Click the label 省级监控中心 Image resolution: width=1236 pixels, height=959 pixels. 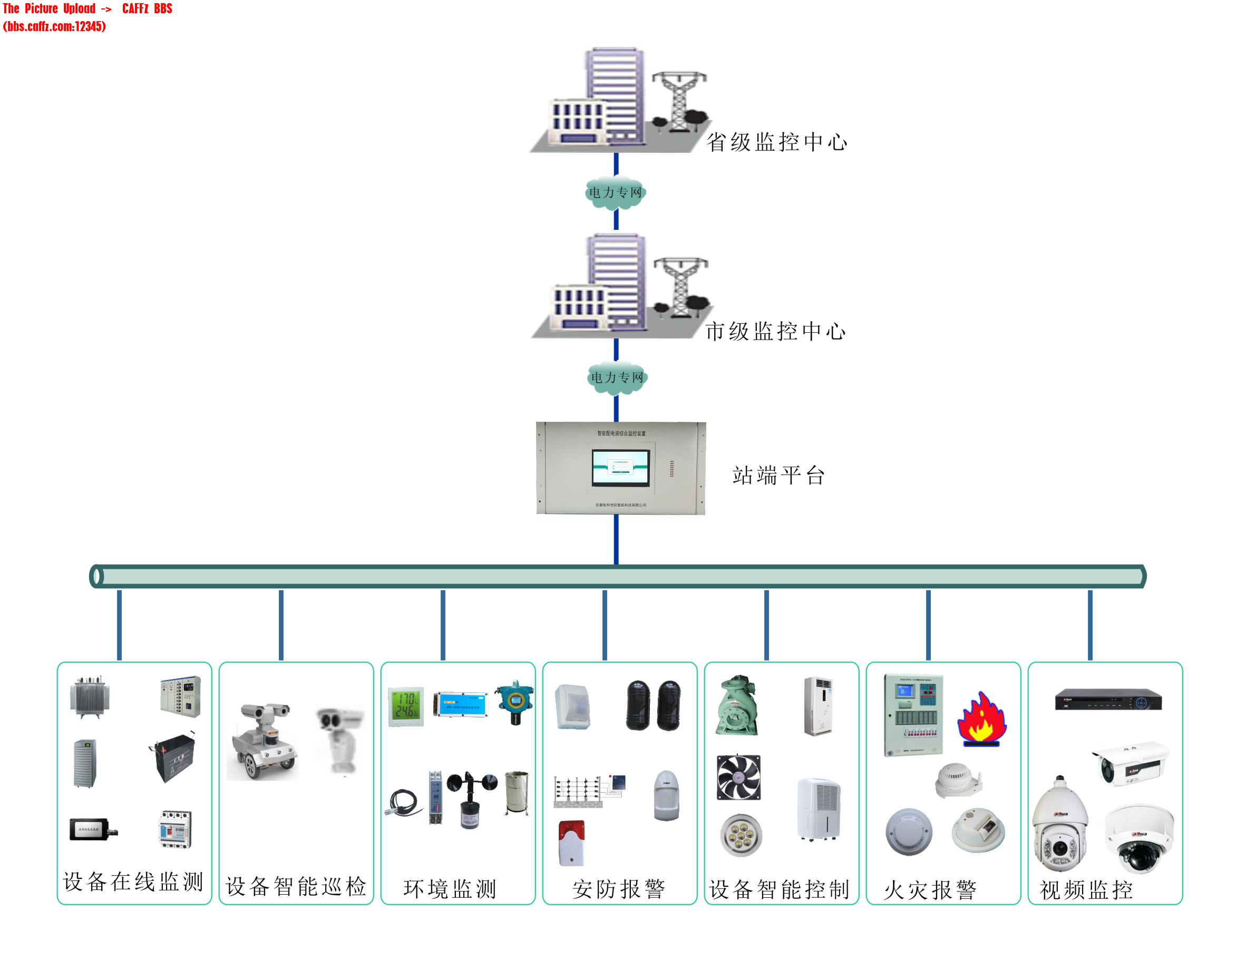tap(776, 142)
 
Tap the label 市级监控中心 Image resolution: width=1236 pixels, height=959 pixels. tap(775, 331)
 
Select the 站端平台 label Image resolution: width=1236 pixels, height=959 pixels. tap(778, 476)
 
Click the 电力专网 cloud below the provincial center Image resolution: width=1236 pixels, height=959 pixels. tap(615, 192)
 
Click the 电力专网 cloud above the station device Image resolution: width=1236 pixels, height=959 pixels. tap(617, 377)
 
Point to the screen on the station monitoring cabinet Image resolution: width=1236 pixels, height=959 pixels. tap(620, 467)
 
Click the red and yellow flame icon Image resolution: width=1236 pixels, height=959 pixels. tap(981, 719)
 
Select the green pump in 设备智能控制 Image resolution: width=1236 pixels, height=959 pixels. tap(737, 705)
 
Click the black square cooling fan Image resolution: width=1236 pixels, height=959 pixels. tap(738, 777)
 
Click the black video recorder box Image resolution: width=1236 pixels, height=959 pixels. tap(1107, 700)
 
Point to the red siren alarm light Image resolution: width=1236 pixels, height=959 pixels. tap(571, 843)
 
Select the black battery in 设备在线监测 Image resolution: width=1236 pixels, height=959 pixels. tap(174, 757)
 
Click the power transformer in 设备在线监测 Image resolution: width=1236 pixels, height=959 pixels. tap(90, 696)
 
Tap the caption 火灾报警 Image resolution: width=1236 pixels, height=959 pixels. tap(930, 889)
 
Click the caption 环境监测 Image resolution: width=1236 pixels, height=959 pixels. tap(450, 889)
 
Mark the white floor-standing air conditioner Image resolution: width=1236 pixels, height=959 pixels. tap(818, 706)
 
